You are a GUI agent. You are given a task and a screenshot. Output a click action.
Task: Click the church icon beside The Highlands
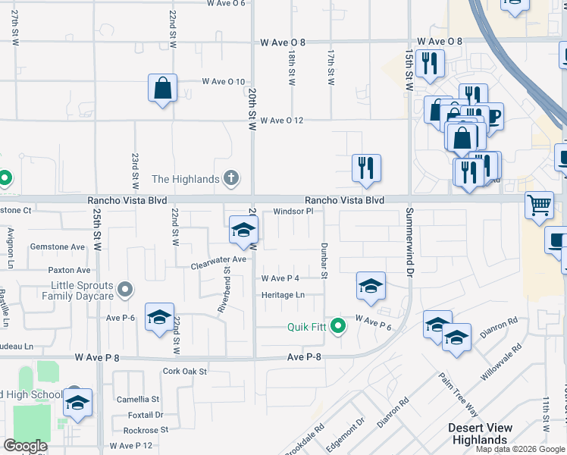[x=232, y=180]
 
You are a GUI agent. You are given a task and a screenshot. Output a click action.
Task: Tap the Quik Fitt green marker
[x=339, y=328]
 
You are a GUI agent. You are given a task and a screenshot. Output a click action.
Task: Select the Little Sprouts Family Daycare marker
[x=126, y=290]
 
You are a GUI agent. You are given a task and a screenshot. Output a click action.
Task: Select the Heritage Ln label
[x=283, y=295]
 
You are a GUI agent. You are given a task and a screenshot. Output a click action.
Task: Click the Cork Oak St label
[x=185, y=372]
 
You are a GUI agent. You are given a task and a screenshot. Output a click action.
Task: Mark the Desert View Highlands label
[x=478, y=434]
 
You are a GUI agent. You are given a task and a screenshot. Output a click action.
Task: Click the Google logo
[x=26, y=446]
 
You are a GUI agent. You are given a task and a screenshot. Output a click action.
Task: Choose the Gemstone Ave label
[x=58, y=247]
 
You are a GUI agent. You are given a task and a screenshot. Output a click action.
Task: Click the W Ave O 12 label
[x=281, y=121]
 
